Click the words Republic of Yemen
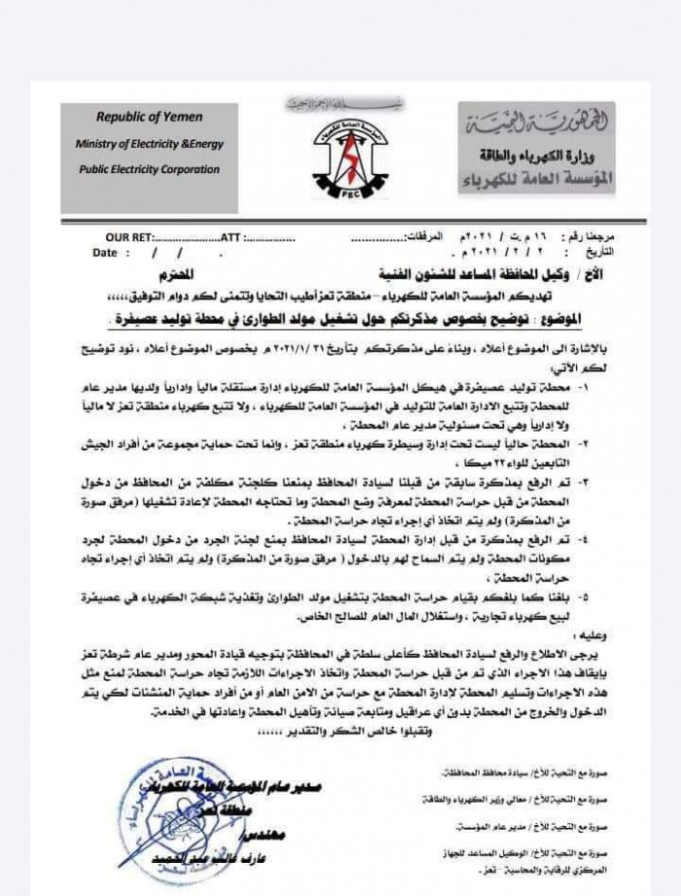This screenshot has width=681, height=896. coord(150,117)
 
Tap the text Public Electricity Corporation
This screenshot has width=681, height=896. coord(149,169)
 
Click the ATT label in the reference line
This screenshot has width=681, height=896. coord(231,237)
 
